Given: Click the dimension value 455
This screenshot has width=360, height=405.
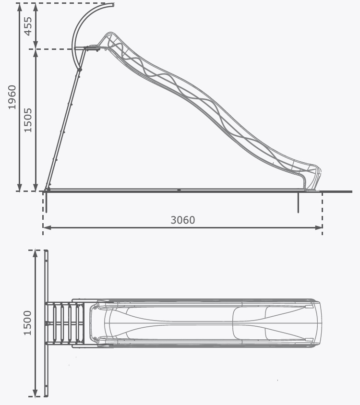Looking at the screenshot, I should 28,26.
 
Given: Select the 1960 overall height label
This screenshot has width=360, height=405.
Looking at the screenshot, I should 12,97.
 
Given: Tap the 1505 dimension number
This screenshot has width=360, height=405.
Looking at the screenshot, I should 28,120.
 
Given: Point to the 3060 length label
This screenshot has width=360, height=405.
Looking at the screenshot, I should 183,220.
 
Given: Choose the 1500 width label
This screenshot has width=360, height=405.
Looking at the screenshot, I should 27,322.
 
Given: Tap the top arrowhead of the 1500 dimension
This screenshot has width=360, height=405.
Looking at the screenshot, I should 36,253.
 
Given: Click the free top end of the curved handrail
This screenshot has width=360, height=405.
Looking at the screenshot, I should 113,5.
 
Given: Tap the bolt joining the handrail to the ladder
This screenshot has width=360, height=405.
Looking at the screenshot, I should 80,70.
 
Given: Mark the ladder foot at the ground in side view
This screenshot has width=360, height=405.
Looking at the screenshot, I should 48,189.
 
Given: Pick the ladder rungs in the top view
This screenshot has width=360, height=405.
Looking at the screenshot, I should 62,323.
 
